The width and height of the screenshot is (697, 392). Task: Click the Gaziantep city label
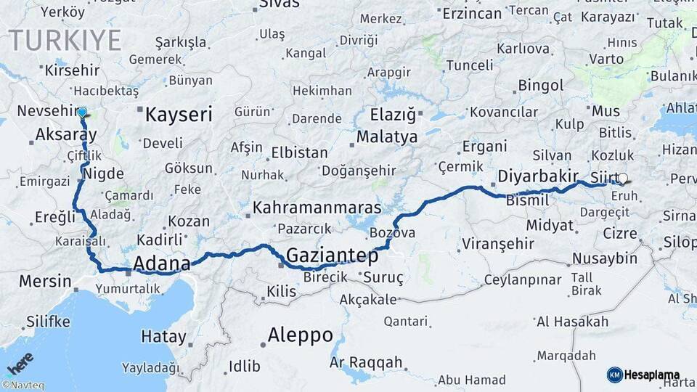tap(333, 256)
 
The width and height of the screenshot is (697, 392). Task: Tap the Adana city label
tap(162, 263)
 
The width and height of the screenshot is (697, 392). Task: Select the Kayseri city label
tap(179, 115)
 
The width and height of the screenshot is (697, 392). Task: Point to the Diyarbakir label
tap(538, 176)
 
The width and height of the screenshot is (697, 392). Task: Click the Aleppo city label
tap(300, 335)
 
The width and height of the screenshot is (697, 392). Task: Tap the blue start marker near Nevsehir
tap(82, 113)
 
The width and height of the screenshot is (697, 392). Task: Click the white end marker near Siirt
tap(622, 177)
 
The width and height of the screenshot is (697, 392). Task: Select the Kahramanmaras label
tap(306, 208)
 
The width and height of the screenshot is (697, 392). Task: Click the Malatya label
tap(387, 137)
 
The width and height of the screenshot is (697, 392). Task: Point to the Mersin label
tap(45, 281)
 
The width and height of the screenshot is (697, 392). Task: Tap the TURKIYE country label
tap(65, 41)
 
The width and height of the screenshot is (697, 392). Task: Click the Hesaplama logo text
tap(652, 375)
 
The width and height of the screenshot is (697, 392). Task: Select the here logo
tap(20, 362)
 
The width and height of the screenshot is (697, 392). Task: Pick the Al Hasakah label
tap(573, 322)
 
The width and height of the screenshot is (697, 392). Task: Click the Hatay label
tap(163, 337)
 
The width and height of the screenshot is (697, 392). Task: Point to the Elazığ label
tap(392, 115)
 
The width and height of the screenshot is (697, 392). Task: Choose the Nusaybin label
tap(605, 258)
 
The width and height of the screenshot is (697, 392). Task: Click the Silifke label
tap(49, 321)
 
